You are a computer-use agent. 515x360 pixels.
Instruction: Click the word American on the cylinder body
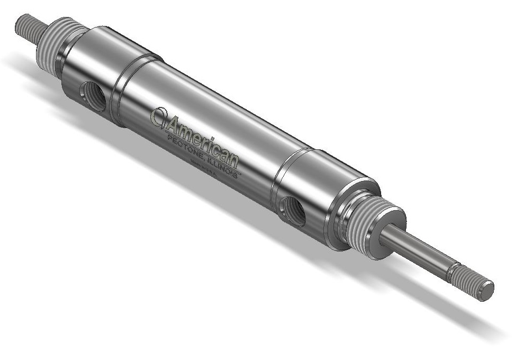coord(204,136)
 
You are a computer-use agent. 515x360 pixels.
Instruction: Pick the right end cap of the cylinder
coord(318,196)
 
